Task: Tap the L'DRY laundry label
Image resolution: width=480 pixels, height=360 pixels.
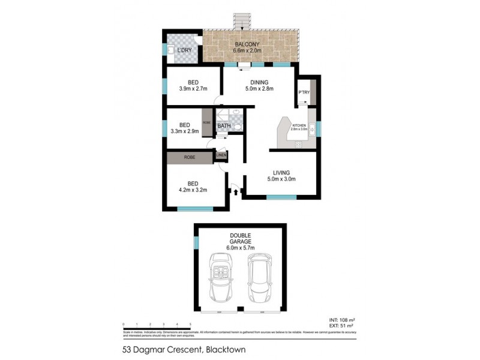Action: click(184, 50)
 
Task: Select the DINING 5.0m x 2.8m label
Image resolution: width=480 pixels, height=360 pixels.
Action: click(259, 86)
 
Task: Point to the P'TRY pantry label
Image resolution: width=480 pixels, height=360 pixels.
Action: click(303, 92)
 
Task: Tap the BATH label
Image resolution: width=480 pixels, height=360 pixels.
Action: click(224, 126)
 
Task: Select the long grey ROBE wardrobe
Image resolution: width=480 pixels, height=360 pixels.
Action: click(190, 157)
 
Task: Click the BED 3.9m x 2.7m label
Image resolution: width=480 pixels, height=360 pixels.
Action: click(193, 86)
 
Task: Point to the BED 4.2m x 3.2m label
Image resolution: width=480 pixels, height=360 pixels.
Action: click(193, 187)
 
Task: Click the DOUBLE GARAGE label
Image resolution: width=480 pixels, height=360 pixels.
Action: click(239, 240)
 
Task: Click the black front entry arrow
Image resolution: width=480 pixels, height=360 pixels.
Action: click(235, 192)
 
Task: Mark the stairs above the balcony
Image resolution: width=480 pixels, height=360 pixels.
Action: click(242, 20)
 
